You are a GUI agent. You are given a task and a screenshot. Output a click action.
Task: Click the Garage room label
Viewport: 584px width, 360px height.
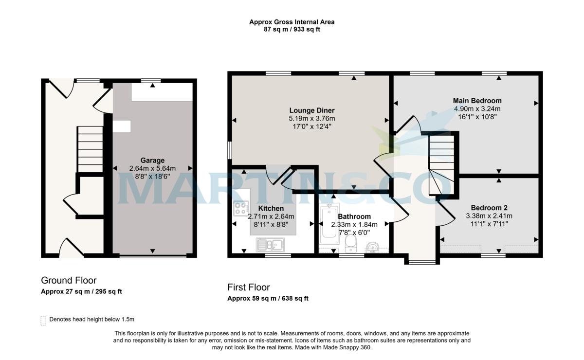[x=152, y=160]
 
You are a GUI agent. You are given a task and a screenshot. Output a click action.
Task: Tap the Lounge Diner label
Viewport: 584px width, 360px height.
[x=311, y=110]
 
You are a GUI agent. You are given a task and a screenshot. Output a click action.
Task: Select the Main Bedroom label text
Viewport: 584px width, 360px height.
[x=477, y=101]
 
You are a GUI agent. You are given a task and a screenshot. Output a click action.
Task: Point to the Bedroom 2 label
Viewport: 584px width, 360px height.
[x=489, y=208]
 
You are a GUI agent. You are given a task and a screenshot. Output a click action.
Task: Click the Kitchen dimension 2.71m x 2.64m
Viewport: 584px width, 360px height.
[x=271, y=216]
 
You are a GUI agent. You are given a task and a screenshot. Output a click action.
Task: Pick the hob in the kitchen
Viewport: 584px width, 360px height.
[x=241, y=209]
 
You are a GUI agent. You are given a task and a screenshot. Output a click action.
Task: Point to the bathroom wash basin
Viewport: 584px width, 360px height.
[x=373, y=247]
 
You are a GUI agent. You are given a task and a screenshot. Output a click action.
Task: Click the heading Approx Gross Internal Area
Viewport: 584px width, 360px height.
[x=292, y=22]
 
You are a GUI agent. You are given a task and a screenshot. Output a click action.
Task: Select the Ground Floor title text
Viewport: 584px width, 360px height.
[x=69, y=280]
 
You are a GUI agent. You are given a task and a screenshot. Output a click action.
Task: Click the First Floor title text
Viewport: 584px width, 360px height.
[x=249, y=287]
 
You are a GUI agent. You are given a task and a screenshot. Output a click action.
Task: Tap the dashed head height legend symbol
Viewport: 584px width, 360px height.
[x=43, y=320]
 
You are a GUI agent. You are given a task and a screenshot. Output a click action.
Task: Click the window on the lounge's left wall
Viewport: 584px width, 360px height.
[x=229, y=150]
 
